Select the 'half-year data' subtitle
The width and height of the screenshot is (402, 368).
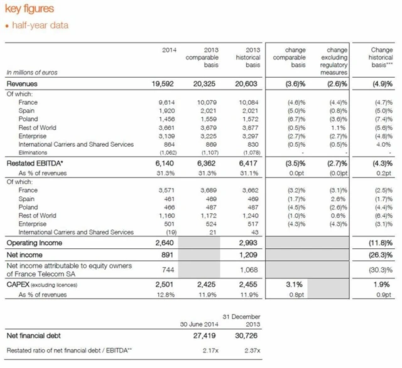click(39, 26)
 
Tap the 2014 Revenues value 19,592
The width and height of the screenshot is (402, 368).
click(164, 83)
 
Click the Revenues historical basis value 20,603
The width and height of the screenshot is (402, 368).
click(245, 83)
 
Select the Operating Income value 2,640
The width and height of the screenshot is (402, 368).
click(166, 242)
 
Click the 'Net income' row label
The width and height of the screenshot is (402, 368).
click(24, 255)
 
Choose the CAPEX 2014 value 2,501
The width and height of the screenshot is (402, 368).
click(166, 286)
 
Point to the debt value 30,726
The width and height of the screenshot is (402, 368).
click(245, 335)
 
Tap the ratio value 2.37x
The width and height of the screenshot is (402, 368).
click(248, 350)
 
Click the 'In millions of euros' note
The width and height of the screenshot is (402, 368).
click(31, 72)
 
